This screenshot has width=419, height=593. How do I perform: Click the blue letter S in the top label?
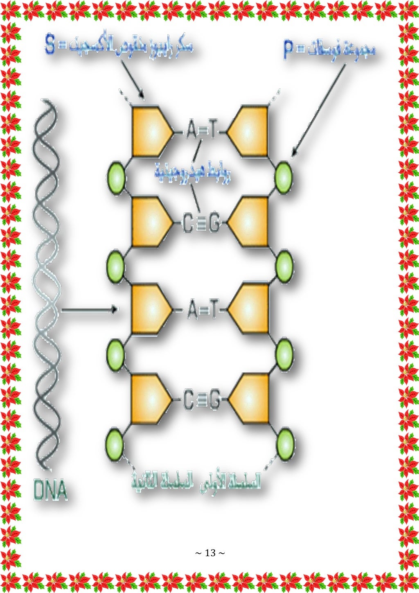pos(50,46)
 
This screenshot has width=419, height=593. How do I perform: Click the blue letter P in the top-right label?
pos(290,51)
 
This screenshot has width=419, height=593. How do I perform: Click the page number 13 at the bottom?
pos(210,553)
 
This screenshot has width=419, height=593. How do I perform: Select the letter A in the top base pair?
pos(191,131)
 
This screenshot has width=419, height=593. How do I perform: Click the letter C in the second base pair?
pos(187,223)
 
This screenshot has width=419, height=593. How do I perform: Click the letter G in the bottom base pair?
pos(214,399)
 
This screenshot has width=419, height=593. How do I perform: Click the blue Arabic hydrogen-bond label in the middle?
pos(192,174)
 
